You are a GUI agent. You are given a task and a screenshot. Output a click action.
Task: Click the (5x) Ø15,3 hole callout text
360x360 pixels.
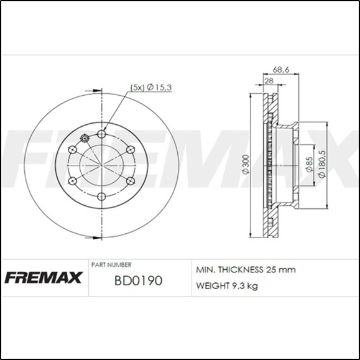click(x=150, y=88)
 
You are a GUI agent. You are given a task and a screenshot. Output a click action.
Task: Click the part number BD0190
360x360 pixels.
click(x=138, y=280)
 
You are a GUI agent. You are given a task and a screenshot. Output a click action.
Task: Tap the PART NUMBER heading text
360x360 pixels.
click(x=111, y=264)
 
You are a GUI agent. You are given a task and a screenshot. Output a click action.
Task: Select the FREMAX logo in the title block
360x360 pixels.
click(x=44, y=277)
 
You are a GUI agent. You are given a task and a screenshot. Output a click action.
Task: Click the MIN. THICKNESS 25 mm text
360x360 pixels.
click(x=246, y=270)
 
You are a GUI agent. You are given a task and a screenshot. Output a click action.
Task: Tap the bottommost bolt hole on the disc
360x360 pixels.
click(x=101, y=196)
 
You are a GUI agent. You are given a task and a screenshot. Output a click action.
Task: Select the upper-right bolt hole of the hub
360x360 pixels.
click(x=130, y=149)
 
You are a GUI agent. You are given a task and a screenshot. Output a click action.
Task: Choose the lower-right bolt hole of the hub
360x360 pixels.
click(x=130, y=180)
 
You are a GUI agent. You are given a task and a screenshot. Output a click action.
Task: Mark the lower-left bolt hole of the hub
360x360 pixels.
click(x=73, y=181)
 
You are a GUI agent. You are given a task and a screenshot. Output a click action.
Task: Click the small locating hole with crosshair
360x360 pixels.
click(x=85, y=139)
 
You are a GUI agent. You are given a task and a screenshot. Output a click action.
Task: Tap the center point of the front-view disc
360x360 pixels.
click(x=101, y=165)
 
